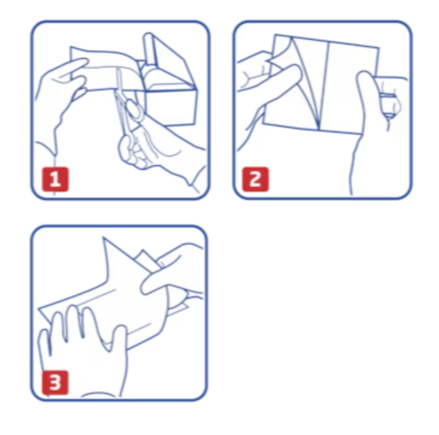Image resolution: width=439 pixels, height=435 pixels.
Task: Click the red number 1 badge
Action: [55, 180]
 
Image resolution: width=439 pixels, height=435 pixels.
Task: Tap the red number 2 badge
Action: [255, 180]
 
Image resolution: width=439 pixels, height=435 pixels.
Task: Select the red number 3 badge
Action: [55, 383]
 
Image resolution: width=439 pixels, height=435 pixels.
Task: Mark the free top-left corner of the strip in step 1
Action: [70, 47]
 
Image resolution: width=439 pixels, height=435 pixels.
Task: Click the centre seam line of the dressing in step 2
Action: [324, 86]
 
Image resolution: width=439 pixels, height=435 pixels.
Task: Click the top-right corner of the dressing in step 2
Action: [379, 48]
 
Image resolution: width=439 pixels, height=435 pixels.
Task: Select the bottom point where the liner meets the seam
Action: [319, 129]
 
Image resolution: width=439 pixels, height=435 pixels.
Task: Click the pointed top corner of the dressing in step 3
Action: [104, 238]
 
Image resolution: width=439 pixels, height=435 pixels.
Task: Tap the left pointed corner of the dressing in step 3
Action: [39, 309]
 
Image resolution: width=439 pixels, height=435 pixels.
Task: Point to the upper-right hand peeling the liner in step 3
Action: [173, 275]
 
